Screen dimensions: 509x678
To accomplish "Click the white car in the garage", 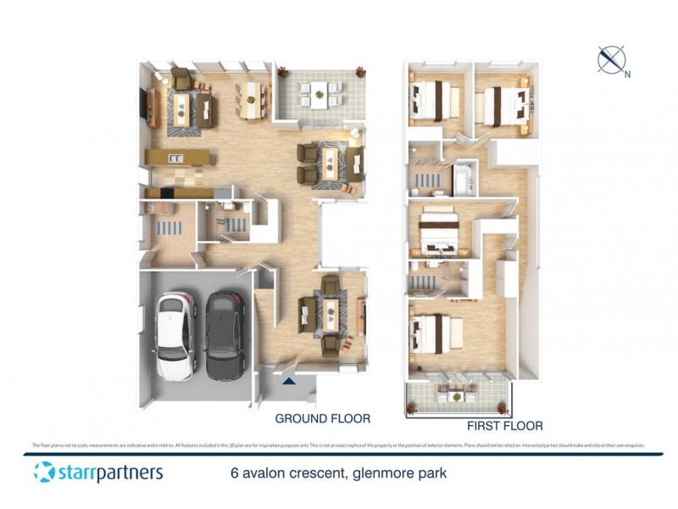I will click(175, 337).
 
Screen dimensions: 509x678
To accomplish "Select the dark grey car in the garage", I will click(225, 337).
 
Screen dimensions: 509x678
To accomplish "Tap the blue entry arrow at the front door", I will click(289, 382).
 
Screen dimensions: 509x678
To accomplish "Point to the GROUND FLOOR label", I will click(322, 418).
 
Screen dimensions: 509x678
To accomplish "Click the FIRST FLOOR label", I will click(504, 426).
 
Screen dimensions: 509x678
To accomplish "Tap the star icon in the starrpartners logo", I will click(44, 473).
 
